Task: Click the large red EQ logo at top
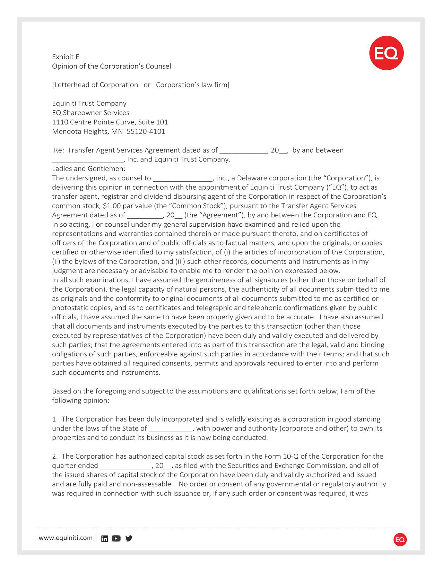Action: pyautogui.click(x=386, y=53)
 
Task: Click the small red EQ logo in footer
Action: pyautogui.click(x=400, y=540)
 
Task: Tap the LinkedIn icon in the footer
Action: pyautogui.click(x=104, y=538)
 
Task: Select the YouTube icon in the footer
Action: pyautogui.click(x=116, y=538)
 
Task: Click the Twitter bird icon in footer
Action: pyautogui.click(x=129, y=538)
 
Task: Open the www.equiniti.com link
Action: pyautogui.click(x=66, y=538)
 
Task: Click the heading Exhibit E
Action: pyautogui.click(x=66, y=57)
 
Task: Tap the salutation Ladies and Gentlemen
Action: pyautogui.click(x=88, y=169)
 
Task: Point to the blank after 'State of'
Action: pyautogui.click(x=171, y=429)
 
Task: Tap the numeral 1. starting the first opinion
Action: pyautogui.click(x=64, y=419)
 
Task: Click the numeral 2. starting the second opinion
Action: pyautogui.click(x=64, y=456)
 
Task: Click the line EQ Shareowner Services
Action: pyautogui.click(x=90, y=113)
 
